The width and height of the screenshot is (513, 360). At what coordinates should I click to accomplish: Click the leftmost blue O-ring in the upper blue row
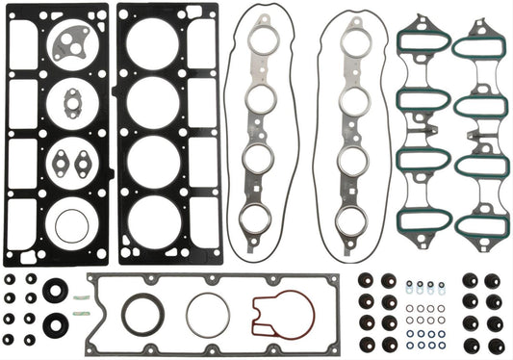coord(408,285)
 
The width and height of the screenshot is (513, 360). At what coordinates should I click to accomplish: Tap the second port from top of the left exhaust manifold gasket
coord(259,99)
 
